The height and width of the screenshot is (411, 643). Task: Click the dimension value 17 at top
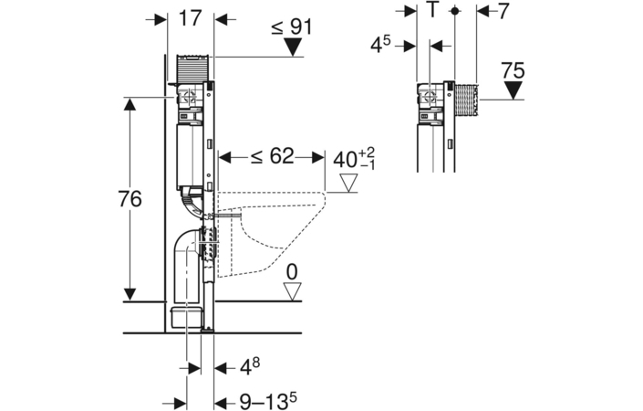pyautogui.click(x=191, y=18)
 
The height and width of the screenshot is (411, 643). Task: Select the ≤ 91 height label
pyautogui.click(x=292, y=27)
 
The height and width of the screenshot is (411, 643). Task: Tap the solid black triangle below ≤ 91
pyautogui.click(x=293, y=47)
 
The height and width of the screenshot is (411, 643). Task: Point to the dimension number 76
pyautogui.click(x=130, y=199)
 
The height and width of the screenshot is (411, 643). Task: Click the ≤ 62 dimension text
pyautogui.click(x=273, y=156)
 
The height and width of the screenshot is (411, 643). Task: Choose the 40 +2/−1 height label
pyautogui.click(x=354, y=159)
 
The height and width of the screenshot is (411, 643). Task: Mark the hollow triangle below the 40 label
pyautogui.click(x=348, y=183)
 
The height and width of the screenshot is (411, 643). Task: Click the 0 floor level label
pyautogui.click(x=292, y=272)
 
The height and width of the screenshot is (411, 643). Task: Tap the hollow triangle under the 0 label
pyautogui.click(x=293, y=291)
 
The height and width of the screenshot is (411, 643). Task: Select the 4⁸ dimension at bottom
pyautogui.click(x=249, y=366)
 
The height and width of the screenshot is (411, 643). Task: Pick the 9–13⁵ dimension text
pyautogui.click(x=268, y=402)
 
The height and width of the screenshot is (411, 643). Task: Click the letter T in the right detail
pyautogui.click(x=431, y=10)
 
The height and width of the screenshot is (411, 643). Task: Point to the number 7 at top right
pyautogui.click(x=503, y=12)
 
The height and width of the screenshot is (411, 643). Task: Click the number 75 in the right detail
pyautogui.click(x=513, y=70)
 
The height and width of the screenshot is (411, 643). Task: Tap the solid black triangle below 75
pyautogui.click(x=513, y=90)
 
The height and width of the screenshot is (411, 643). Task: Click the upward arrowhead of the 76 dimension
pyautogui.click(x=130, y=104)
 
